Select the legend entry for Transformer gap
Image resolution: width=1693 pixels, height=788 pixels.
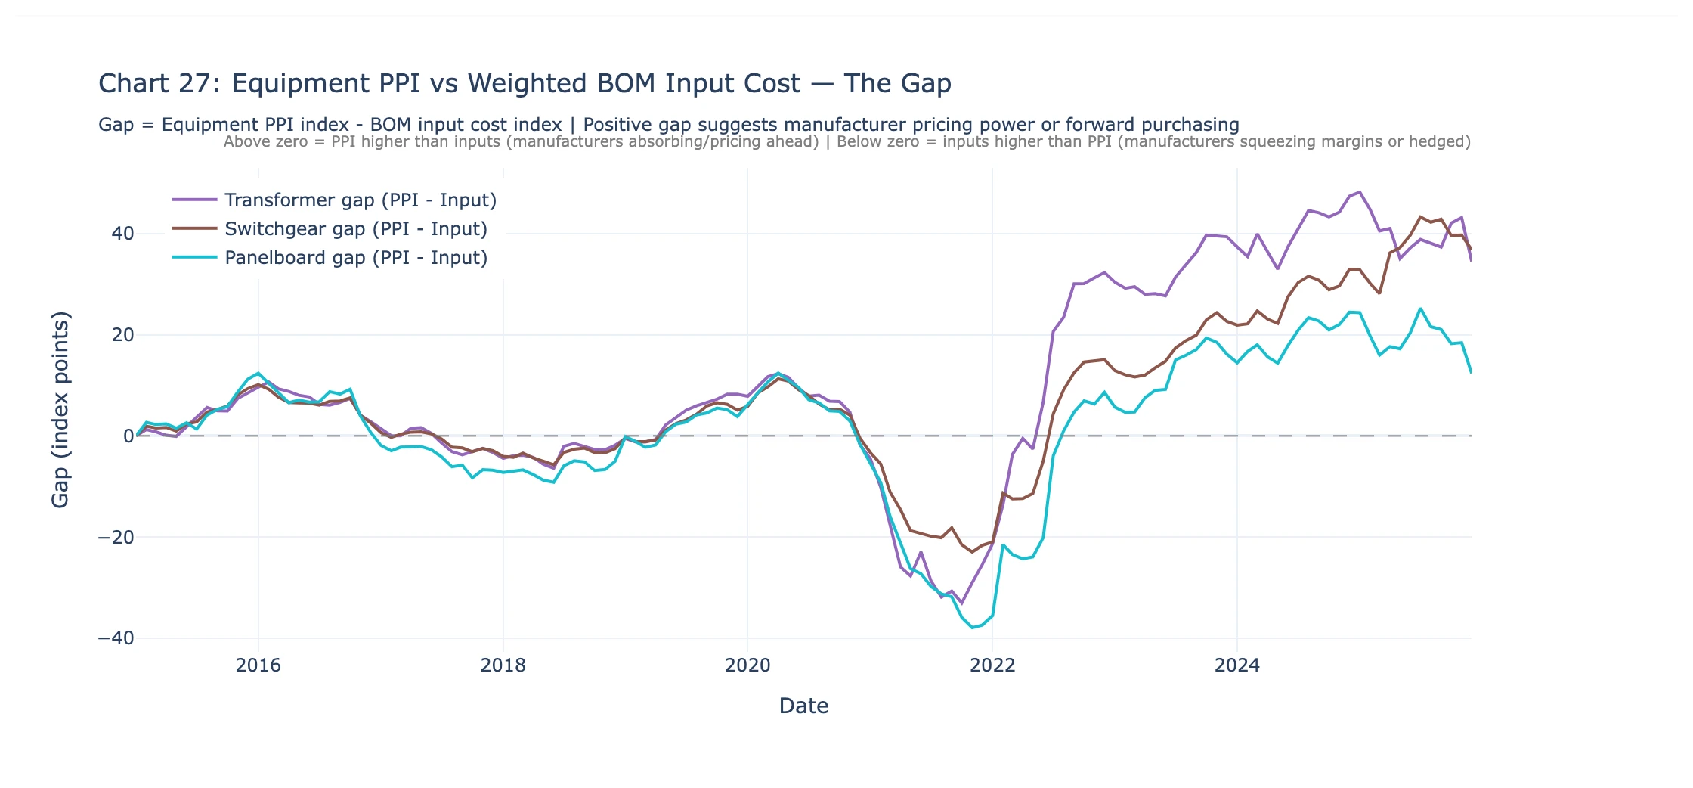pos(361,200)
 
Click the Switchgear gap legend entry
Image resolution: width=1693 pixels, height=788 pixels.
pos(356,229)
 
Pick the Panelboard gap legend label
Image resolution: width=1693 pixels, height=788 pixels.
pos(356,258)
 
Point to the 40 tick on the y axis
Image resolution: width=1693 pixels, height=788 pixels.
pos(122,234)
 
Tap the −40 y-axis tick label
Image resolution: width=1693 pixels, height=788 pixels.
pos(116,638)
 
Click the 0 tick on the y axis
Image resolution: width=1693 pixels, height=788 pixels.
pos(128,436)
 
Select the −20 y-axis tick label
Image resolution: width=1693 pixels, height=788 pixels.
pos(116,538)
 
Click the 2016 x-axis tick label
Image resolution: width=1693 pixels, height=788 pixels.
pos(258,665)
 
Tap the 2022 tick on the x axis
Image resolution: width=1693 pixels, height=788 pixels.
pos(992,665)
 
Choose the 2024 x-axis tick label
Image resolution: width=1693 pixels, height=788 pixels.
pos(1237,665)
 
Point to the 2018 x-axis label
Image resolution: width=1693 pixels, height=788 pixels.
pos(503,665)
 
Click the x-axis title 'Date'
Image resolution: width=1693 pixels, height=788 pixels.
pos(803,706)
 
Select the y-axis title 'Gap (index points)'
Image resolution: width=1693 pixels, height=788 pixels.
pos(60,409)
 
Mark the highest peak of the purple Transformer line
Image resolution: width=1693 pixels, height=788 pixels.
pos(1360,192)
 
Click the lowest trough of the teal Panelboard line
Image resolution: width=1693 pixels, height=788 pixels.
pos(973,628)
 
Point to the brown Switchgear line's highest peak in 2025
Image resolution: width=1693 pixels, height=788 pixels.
pos(1421,217)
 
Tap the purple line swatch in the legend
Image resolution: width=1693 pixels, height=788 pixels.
pos(194,200)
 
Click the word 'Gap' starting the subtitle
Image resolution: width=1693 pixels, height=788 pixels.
pos(116,125)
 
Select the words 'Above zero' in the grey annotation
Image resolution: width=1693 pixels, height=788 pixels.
pos(265,142)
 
